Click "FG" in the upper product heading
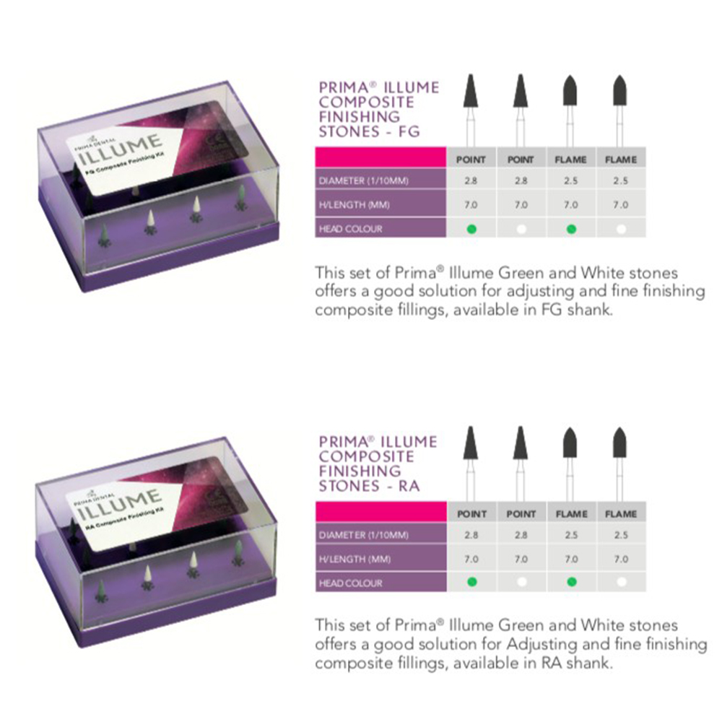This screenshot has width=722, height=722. [409, 131]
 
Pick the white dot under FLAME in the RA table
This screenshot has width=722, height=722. [621, 582]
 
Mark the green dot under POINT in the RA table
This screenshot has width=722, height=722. [471, 582]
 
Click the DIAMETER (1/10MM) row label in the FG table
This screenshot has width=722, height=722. [364, 180]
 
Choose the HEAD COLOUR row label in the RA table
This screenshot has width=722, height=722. [350, 583]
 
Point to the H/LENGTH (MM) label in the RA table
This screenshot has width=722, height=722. [355, 559]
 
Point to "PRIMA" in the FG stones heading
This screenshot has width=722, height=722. [344, 88]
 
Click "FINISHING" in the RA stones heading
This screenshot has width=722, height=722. [358, 471]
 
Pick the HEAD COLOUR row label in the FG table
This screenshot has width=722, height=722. [350, 229]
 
